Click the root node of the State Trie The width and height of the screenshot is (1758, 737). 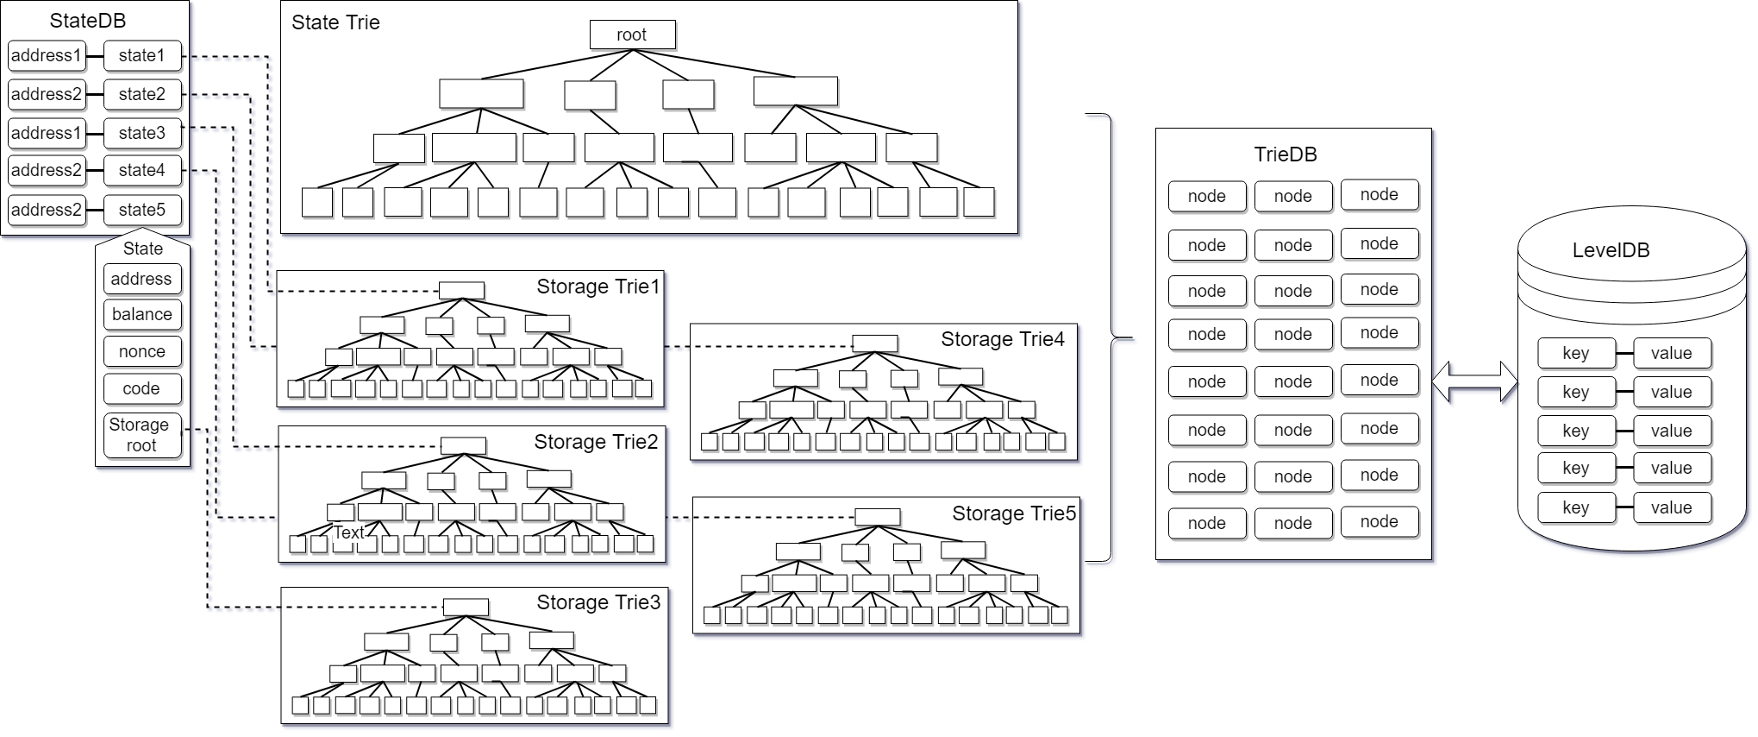(632, 35)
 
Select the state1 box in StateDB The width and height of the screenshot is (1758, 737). (142, 55)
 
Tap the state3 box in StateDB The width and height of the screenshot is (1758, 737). (142, 133)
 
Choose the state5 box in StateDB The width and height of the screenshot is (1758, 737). (142, 210)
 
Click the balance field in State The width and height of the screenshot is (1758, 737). (142, 314)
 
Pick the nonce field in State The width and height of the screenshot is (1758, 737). (142, 351)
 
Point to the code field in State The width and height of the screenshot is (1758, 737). (142, 388)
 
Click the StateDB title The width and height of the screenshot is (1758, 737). (88, 21)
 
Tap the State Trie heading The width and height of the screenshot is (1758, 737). (335, 22)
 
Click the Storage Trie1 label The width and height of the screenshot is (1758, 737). (597, 287)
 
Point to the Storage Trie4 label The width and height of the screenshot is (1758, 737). (1002, 339)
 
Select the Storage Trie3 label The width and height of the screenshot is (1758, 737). (598, 602)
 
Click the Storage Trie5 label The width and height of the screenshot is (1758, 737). (1014, 513)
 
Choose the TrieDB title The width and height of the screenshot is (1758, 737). (1286, 154)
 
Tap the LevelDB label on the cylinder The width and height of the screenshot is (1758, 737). (1611, 250)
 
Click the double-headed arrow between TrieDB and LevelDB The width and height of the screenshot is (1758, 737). (1475, 382)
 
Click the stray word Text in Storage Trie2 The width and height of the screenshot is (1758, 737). (349, 532)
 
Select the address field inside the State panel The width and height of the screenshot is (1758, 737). (142, 279)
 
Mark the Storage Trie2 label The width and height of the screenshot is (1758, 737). (596, 442)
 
